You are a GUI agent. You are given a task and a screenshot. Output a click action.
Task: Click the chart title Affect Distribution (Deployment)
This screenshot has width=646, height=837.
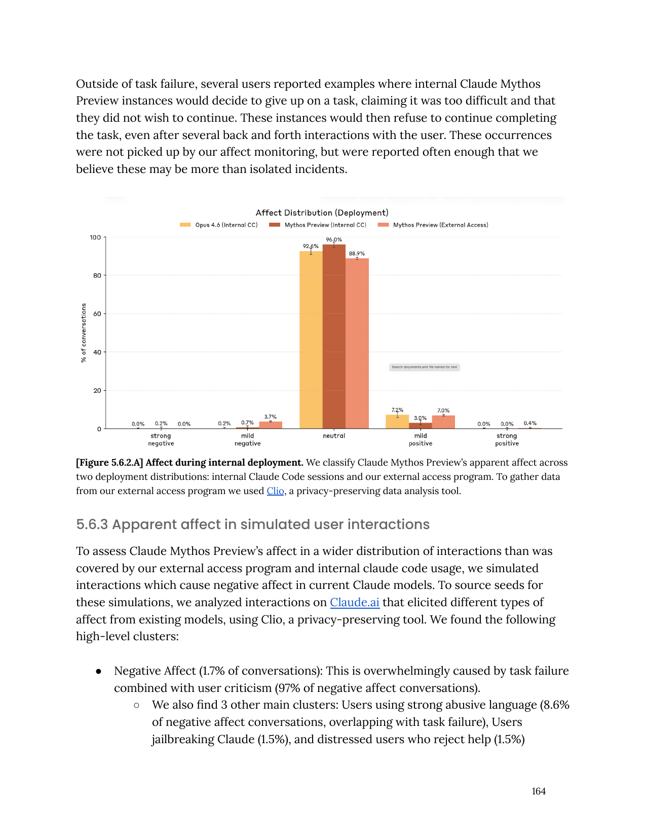(x=322, y=213)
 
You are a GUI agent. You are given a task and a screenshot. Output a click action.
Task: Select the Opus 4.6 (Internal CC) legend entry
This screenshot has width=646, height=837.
(x=219, y=225)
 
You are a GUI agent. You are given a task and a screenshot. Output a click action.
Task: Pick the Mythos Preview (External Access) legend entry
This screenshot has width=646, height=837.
(x=434, y=225)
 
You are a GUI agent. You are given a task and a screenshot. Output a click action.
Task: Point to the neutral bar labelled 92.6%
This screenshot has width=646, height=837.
(x=311, y=340)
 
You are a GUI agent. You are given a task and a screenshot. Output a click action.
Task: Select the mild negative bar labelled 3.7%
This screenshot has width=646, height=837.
(x=271, y=425)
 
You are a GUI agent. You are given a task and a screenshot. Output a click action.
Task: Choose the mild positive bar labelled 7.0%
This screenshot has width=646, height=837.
(x=443, y=422)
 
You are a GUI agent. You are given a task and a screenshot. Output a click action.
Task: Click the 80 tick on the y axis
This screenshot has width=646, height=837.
(x=97, y=275)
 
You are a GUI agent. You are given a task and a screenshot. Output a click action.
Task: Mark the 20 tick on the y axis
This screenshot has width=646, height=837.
(x=97, y=391)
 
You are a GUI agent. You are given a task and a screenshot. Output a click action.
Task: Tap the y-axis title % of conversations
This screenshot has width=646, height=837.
(x=84, y=333)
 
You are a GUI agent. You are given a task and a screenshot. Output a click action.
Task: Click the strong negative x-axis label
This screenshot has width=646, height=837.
(x=161, y=439)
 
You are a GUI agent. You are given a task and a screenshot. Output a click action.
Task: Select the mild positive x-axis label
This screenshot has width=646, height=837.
(x=421, y=439)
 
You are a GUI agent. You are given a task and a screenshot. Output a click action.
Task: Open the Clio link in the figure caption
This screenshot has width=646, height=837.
(x=275, y=491)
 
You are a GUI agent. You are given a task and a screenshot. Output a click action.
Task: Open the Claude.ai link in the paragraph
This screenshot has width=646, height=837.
(x=355, y=602)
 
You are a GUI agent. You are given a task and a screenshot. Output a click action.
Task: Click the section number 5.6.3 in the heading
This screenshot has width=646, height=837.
(x=92, y=525)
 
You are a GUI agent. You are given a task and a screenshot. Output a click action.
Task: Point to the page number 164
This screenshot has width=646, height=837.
(x=539, y=791)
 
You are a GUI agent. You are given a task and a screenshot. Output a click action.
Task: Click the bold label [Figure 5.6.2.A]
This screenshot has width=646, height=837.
(x=109, y=463)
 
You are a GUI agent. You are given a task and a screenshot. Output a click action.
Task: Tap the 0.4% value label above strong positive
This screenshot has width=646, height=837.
(x=530, y=423)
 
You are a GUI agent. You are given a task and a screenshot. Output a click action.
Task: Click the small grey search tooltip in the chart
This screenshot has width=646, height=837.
(x=424, y=367)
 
